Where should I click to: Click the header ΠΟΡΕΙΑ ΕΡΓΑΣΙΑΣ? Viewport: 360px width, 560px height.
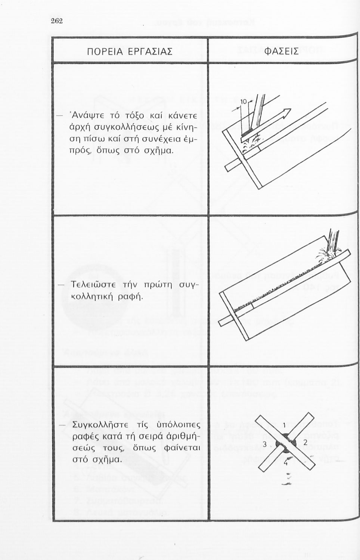[129, 51]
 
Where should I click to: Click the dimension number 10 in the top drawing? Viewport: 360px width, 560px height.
[243, 102]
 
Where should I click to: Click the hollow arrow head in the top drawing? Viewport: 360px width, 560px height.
[286, 112]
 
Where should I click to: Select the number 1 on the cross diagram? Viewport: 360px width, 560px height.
[285, 425]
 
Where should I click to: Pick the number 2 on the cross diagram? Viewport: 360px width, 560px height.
[305, 442]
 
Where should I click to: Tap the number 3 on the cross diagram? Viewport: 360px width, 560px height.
[264, 444]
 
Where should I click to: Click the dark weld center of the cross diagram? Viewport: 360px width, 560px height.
[285, 444]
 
